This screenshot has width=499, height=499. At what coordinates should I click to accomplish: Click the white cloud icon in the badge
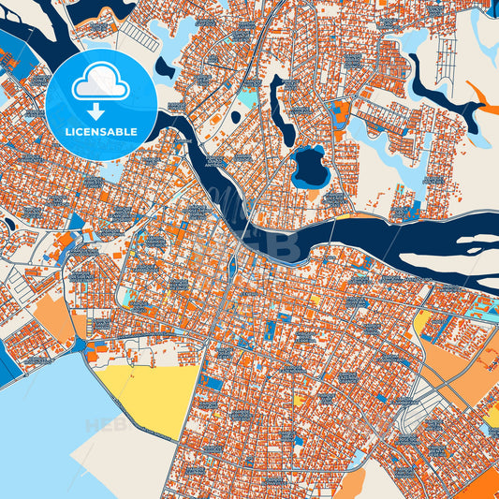100,82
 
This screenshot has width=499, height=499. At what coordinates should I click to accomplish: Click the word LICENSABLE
100,132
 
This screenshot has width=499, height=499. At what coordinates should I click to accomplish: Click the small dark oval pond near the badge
166,66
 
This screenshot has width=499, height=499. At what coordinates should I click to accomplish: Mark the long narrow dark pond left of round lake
277,103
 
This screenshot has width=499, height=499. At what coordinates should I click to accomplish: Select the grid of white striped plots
139,36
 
